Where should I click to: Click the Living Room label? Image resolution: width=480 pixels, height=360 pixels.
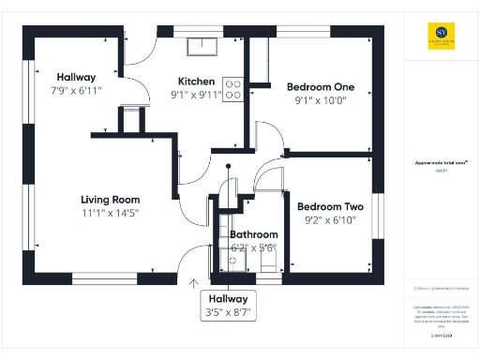pos(110,200)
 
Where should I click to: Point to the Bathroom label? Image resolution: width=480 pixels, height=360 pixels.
pos(254,234)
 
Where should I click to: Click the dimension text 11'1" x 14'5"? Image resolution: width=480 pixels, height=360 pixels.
pos(110,214)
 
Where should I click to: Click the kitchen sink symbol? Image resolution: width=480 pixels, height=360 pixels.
pos(202,46)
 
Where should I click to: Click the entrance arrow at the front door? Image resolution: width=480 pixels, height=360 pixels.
pos(195,282)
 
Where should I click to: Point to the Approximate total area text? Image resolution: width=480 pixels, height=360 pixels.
pos(436,163)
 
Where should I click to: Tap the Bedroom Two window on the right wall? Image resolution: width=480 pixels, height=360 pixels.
pos(380,215)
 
